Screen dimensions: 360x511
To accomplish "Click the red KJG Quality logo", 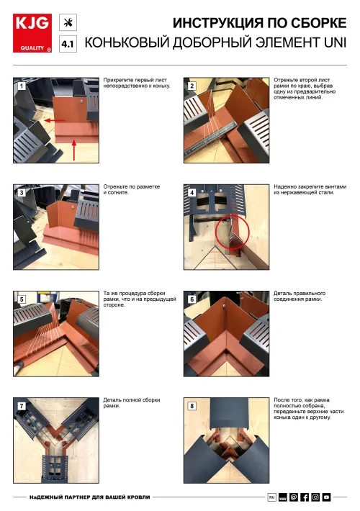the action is (32, 33).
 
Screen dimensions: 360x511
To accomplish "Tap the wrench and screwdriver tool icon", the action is (68, 22).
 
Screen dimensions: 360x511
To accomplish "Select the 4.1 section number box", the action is (68, 44).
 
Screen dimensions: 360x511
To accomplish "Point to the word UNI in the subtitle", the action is (335, 42).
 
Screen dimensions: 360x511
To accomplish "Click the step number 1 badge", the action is (22, 86).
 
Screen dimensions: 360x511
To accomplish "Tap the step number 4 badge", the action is (192, 193).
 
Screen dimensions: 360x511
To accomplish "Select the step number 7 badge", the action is (22, 406).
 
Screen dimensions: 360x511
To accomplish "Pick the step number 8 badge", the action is (192, 406).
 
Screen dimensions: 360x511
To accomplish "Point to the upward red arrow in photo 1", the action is (74, 150).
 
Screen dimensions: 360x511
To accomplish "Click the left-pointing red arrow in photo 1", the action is (55, 121).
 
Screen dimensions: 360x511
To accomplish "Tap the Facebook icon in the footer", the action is (305, 497).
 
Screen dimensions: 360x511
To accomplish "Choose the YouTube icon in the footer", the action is (326, 497).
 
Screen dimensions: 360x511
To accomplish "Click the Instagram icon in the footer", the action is (315, 497).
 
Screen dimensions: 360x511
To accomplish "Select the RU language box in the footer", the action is (271, 497).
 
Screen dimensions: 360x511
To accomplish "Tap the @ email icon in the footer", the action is (294, 497).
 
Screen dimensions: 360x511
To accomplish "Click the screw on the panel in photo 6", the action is (225, 306).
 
